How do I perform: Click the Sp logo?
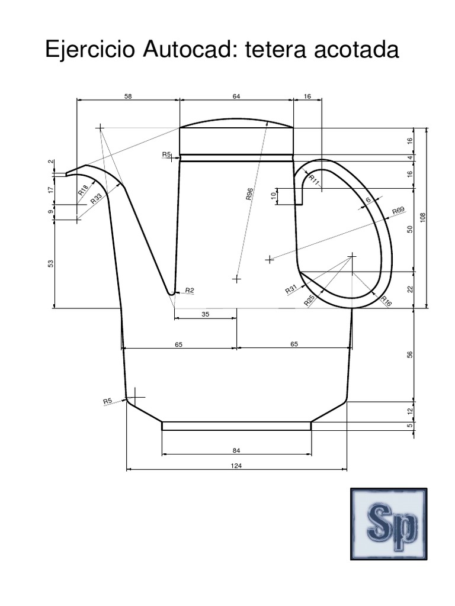pyautogui.click(x=389, y=523)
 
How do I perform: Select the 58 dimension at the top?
pyautogui.click(x=128, y=95)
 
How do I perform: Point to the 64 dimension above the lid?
pyautogui.click(x=236, y=95)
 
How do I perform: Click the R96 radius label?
pyautogui.click(x=249, y=195)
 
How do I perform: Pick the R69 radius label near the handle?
pyautogui.click(x=398, y=211)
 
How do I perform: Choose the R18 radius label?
pyautogui.click(x=83, y=190)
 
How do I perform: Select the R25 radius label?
pyautogui.click(x=309, y=300)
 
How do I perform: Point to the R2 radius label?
pyautogui.click(x=190, y=290)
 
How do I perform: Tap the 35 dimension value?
pyautogui.click(x=206, y=314)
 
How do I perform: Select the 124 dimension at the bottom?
pyautogui.click(x=236, y=466)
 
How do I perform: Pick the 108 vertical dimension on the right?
pyautogui.click(x=423, y=218)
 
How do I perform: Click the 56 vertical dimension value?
pyautogui.click(x=409, y=354)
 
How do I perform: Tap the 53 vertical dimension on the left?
pyautogui.click(x=50, y=263)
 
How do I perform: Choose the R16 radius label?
pyautogui.click(x=386, y=300)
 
